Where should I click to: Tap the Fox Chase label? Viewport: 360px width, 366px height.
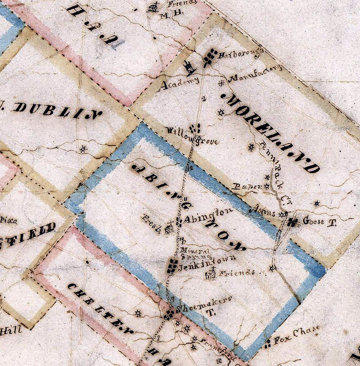tap(296, 335)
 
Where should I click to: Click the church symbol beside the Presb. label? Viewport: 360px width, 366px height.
tap(169, 227)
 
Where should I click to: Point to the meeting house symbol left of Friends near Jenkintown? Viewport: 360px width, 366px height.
tap(211, 274)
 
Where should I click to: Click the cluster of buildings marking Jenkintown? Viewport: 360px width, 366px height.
tap(172, 266)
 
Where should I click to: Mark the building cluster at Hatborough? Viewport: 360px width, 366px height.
tap(210, 58)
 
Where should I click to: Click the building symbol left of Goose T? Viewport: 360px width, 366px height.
tap(293, 222)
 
